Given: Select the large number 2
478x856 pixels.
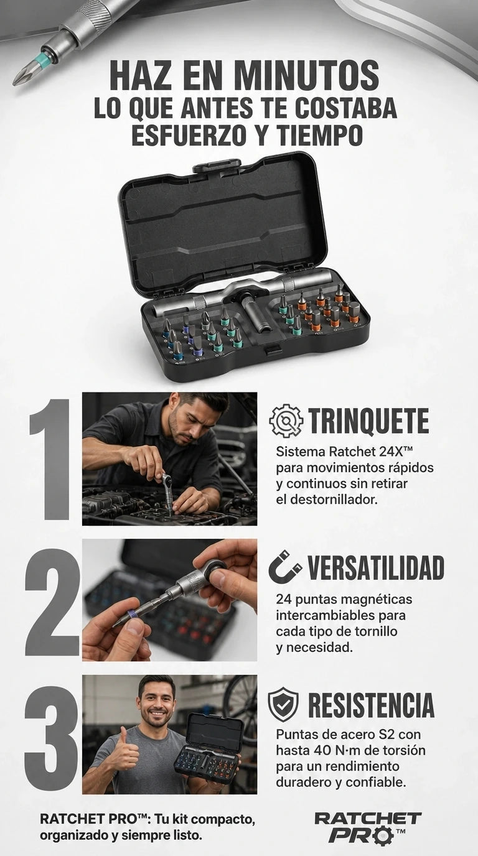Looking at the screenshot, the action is click(x=52, y=602).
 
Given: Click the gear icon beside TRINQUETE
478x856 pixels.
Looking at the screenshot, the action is click(x=286, y=421).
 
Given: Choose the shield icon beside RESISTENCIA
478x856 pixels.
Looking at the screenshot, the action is click(x=283, y=704).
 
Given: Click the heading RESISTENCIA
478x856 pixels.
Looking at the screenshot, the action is click(x=371, y=705).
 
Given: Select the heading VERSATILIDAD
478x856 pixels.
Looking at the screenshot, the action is click(x=376, y=567).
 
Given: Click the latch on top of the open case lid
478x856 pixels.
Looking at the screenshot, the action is click(x=217, y=165).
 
